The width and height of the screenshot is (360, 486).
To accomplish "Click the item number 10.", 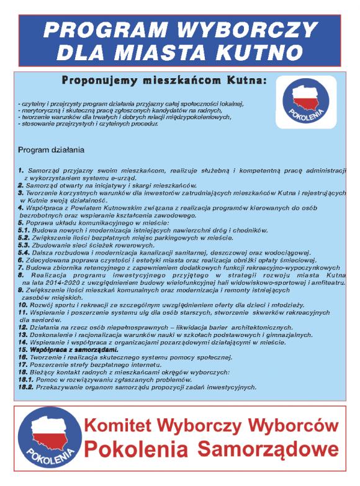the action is pyautogui.click(x=22, y=306).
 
